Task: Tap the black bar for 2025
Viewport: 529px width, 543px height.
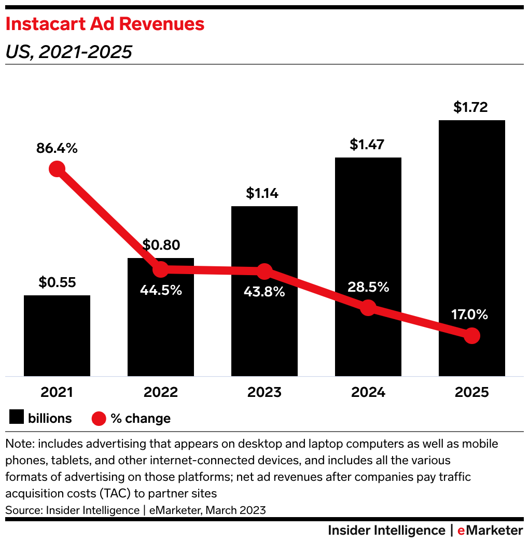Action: (x=472, y=233)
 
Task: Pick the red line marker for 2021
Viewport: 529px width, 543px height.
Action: (x=57, y=169)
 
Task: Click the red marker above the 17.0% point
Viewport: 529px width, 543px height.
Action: (x=471, y=336)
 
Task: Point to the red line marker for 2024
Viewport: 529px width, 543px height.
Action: (x=368, y=308)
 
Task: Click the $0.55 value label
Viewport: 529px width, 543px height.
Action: (x=57, y=283)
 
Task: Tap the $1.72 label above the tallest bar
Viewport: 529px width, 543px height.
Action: (x=470, y=107)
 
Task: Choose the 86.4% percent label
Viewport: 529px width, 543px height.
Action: (x=57, y=149)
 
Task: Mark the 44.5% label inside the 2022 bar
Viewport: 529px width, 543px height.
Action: (x=161, y=290)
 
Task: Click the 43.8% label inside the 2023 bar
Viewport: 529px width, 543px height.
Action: (x=264, y=292)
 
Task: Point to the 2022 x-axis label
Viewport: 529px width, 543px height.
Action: (x=161, y=392)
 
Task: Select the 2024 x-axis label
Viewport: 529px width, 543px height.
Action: (x=368, y=392)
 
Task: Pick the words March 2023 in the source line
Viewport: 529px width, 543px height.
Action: (x=236, y=510)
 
